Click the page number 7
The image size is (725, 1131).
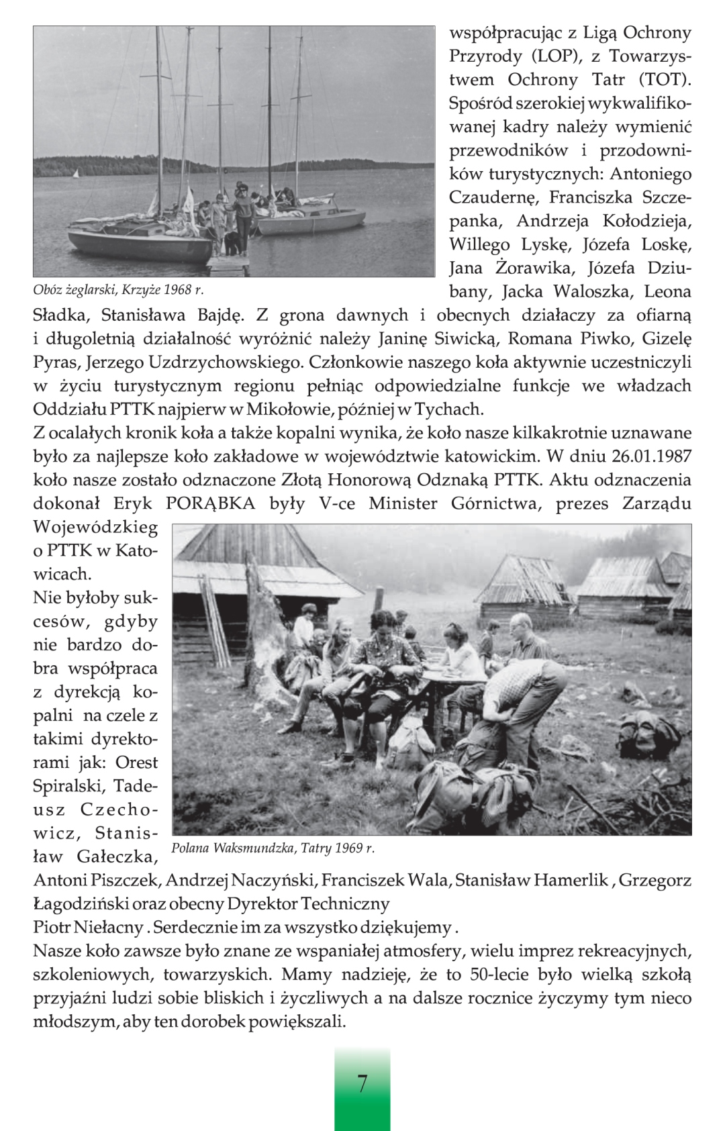point(362,1083)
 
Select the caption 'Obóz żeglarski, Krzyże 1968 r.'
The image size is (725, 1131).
point(118,290)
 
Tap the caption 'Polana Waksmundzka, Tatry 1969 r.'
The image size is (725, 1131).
point(273,848)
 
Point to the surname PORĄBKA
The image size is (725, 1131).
point(210,503)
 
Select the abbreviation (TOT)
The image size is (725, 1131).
point(664,80)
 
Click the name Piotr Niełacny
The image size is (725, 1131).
point(88,928)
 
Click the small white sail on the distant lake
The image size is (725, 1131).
point(75,174)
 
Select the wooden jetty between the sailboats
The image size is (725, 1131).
point(228,262)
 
